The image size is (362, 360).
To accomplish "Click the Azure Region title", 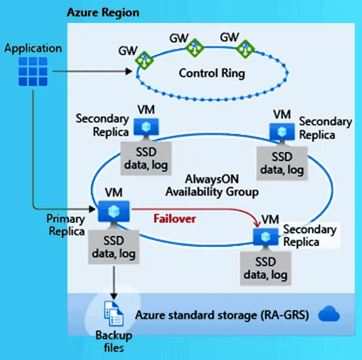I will click(103, 12).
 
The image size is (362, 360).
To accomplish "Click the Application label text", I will click(32, 48).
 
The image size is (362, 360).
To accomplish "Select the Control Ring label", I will click(212, 74).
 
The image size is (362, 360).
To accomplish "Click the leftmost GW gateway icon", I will click(143, 58).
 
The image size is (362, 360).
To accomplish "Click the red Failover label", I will click(175, 218).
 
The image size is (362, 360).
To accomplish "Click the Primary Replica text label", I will click(66, 225).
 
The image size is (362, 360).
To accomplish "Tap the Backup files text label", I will click(114, 341).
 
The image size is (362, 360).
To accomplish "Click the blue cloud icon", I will click(328, 315).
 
